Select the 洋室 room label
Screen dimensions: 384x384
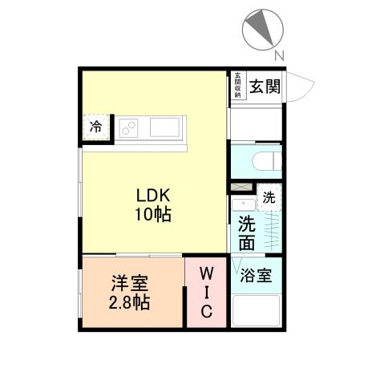coord(129,285)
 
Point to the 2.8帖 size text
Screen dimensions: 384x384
coord(129,303)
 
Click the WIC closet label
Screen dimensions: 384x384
coord(206,292)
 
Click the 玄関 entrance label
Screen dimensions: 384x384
coord(263,86)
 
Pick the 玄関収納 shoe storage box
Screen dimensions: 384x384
coord(237,85)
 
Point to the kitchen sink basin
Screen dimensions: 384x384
coord(164,127)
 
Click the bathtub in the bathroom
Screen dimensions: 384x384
coord(257,310)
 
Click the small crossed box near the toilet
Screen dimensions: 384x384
coord(239,188)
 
